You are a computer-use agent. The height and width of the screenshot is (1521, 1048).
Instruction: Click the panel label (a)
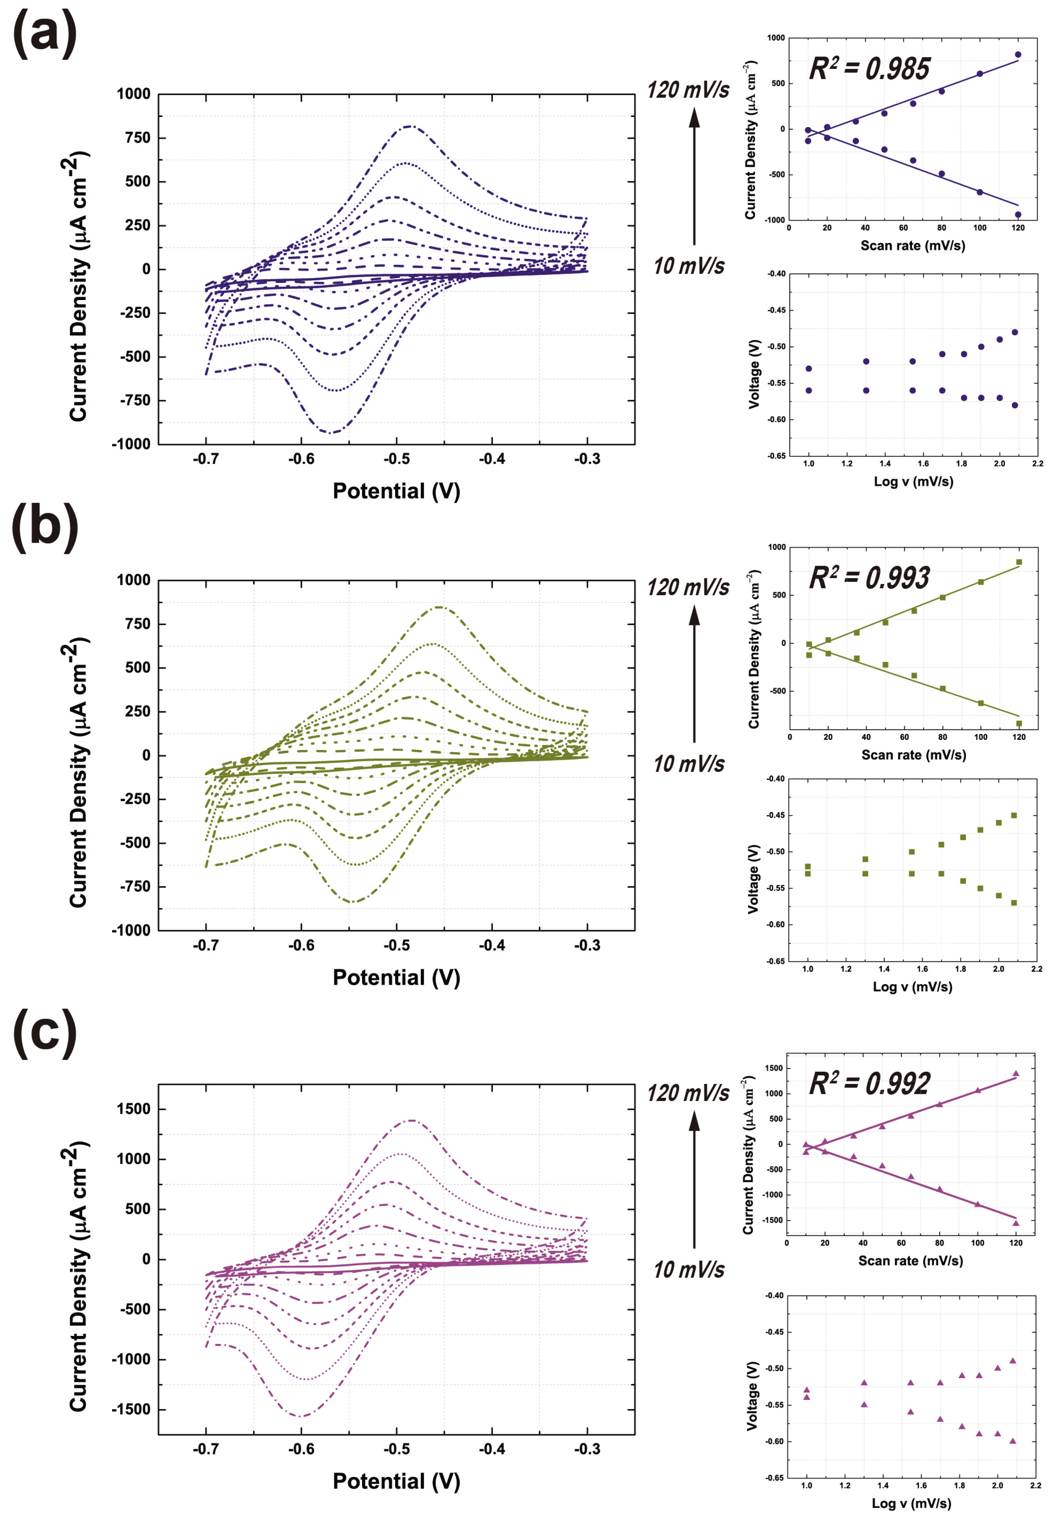pyautogui.click(x=45, y=34)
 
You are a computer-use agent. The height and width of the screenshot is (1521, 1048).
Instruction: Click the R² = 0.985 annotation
pyautogui.click(x=869, y=68)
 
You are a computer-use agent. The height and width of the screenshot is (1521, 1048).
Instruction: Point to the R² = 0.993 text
pyautogui.click(x=869, y=577)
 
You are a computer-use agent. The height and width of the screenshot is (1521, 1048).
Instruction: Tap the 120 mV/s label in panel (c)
pyautogui.click(x=687, y=1093)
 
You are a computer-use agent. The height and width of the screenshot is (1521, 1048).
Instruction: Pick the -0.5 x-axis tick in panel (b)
pyautogui.click(x=397, y=945)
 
